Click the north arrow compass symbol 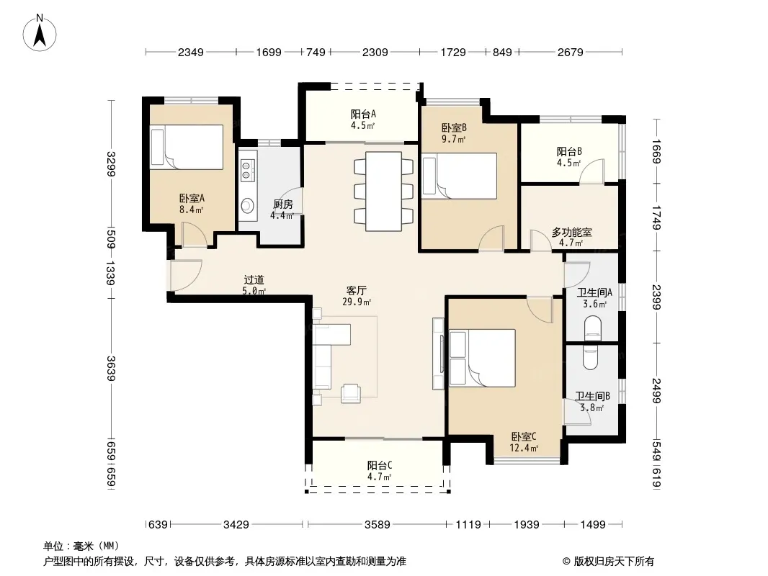(40, 32)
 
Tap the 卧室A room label (192, 198)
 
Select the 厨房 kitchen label (282, 204)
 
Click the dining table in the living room (383, 192)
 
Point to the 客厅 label (356, 291)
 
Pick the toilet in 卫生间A (593, 328)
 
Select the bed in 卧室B (460, 176)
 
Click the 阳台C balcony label (380, 465)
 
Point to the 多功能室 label (571, 233)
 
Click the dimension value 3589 (377, 525)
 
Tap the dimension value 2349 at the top (190, 52)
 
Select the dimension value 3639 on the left (111, 369)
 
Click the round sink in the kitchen (248, 205)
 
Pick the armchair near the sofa (351, 393)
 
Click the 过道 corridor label (254, 280)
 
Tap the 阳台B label (569, 151)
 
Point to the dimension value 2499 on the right (656, 390)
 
